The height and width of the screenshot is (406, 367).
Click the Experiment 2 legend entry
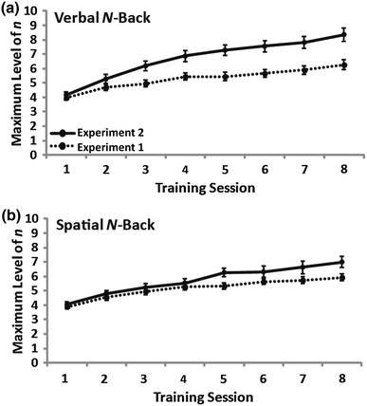[101, 126]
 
